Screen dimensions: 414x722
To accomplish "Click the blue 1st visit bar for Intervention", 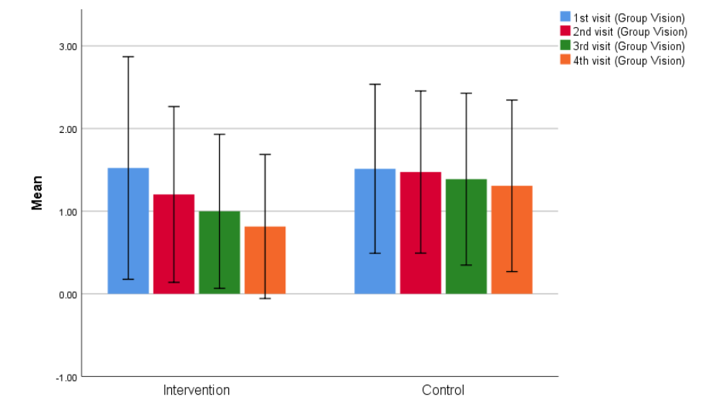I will click(x=128, y=231).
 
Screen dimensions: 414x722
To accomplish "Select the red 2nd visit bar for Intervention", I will click(x=174, y=244).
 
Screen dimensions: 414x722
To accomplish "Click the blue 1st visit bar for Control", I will click(x=375, y=231).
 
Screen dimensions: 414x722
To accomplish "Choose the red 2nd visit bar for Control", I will click(x=420, y=232).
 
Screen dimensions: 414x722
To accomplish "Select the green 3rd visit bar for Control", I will click(x=466, y=236).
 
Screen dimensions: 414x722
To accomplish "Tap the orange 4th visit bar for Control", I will click(x=511, y=239).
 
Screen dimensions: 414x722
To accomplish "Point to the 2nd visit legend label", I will click(x=629, y=32).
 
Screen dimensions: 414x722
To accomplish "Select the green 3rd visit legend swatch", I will click(x=565, y=46).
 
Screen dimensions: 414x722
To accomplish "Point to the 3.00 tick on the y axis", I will click(x=68, y=46).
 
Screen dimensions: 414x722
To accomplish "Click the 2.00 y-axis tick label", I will click(x=68, y=129).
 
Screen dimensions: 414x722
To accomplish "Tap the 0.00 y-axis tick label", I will click(x=68, y=294).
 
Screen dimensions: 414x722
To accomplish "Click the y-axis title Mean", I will click(x=36, y=193).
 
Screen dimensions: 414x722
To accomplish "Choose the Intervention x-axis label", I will click(x=196, y=390).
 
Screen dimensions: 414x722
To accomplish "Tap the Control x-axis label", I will click(x=443, y=390).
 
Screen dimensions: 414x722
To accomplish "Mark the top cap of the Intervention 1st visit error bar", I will click(x=128, y=56).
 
